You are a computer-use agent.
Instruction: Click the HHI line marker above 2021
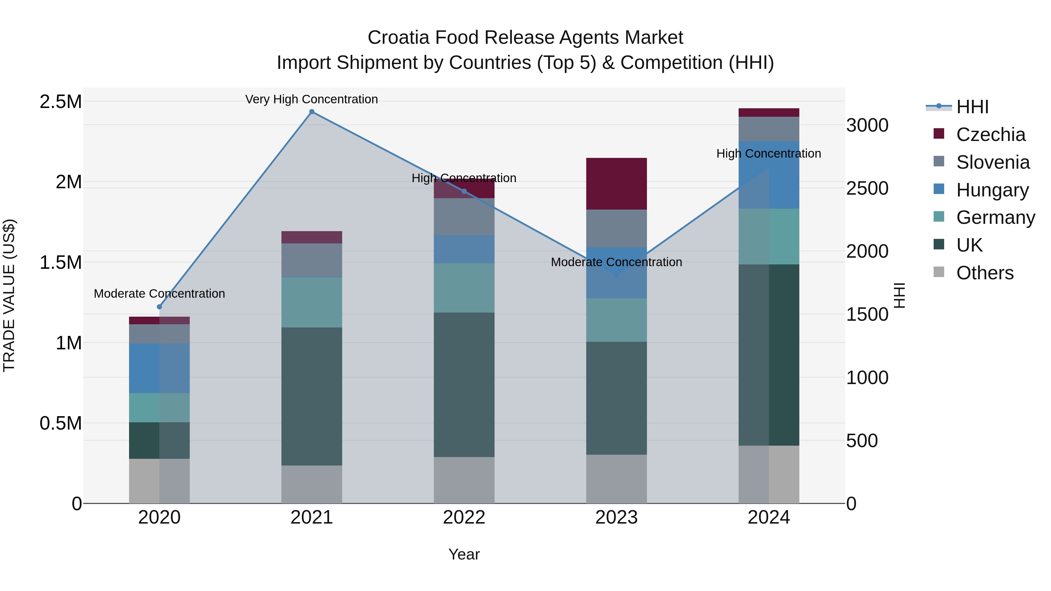coord(312,112)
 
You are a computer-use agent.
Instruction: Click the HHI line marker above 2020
coord(159,307)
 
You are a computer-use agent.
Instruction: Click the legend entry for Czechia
coord(990,135)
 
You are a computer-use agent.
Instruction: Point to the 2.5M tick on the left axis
coord(61,102)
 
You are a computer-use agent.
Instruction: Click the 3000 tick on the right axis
coord(867,125)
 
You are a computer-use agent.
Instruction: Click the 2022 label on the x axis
coord(464,517)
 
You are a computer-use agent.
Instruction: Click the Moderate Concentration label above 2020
coord(159,294)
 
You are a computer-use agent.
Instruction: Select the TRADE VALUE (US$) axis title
coord(9,295)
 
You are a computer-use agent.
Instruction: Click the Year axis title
coord(464,554)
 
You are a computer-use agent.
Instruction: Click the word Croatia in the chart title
coord(398,38)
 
